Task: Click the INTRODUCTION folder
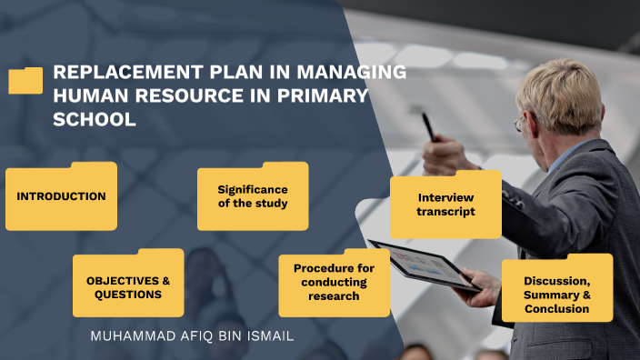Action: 61,196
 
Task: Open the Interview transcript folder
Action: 445,205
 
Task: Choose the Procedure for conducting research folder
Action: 334,283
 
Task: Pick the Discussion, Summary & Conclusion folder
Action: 556,295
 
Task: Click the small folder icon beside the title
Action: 25,81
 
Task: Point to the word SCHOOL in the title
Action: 95,119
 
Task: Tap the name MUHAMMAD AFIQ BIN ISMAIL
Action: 192,336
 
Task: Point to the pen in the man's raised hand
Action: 427,126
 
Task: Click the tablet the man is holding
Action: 422,265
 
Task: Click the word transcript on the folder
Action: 445,212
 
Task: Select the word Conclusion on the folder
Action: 556,309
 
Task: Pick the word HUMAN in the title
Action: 86,96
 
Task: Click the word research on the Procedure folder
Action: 334,296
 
